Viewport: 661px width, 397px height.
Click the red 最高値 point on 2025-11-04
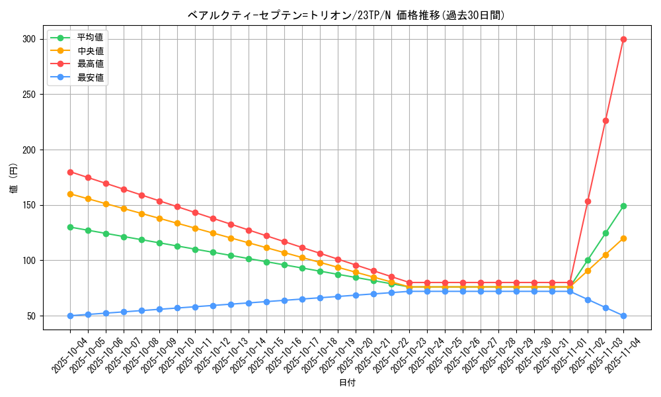623,39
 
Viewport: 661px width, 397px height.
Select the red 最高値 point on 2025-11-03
605,120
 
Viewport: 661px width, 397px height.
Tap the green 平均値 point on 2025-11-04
623,206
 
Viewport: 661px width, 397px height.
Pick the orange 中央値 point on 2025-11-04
623,238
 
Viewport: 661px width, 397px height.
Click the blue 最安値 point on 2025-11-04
623,316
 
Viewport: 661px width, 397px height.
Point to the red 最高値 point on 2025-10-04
70,172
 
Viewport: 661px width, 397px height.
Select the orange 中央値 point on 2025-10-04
70,194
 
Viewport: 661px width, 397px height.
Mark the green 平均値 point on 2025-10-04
70,227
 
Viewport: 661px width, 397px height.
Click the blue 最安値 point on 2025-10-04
70,316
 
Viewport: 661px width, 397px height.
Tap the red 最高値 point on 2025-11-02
588,201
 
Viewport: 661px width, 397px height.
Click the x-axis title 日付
347,383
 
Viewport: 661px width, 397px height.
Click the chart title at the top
347,15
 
